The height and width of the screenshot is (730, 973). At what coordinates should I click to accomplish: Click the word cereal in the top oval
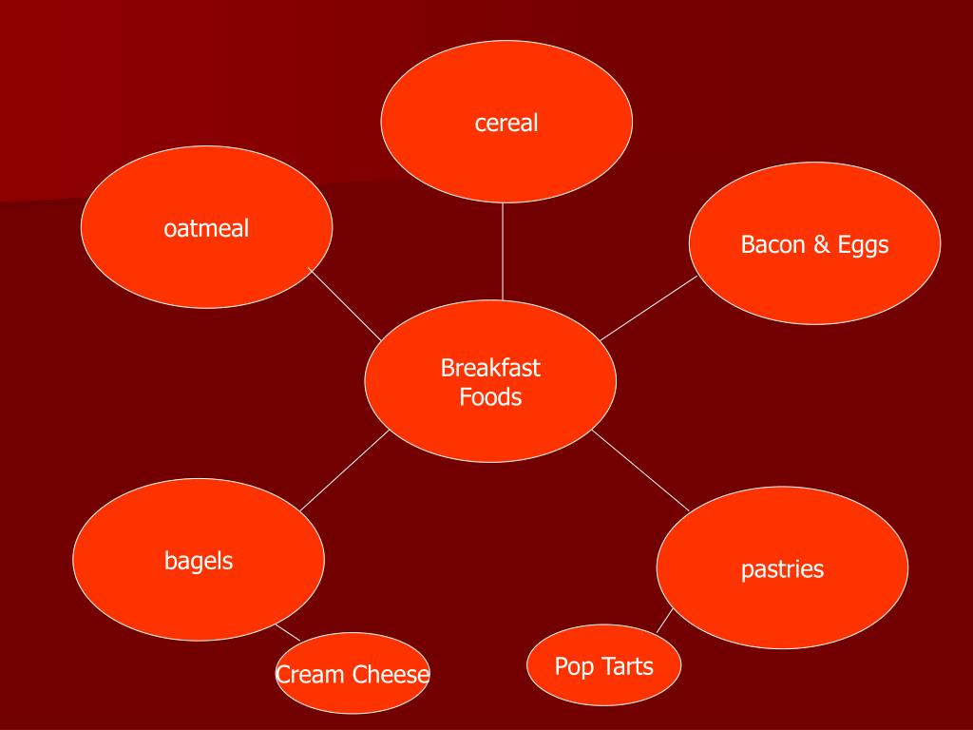coord(506,123)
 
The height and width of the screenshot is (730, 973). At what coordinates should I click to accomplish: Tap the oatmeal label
coord(206,228)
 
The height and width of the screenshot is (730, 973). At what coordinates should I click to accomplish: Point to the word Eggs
coord(863,245)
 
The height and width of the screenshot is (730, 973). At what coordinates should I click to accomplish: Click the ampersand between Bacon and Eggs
coord(820,244)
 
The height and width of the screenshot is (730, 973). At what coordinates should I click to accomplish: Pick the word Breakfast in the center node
coord(490,367)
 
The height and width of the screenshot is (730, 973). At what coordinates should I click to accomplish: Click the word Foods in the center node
coord(490,396)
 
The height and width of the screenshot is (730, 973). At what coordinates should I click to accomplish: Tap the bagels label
coord(199,561)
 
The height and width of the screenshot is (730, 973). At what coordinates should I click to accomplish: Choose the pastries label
coord(782,569)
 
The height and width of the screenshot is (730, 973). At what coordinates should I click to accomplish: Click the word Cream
coord(311,676)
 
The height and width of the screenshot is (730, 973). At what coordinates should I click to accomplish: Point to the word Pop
coord(573,666)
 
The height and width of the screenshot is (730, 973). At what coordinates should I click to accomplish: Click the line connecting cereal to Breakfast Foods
coord(503,252)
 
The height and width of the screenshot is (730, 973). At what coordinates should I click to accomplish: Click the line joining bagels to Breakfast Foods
coord(345,471)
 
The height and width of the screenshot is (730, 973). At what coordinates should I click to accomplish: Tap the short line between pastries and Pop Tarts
coord(665,620)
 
